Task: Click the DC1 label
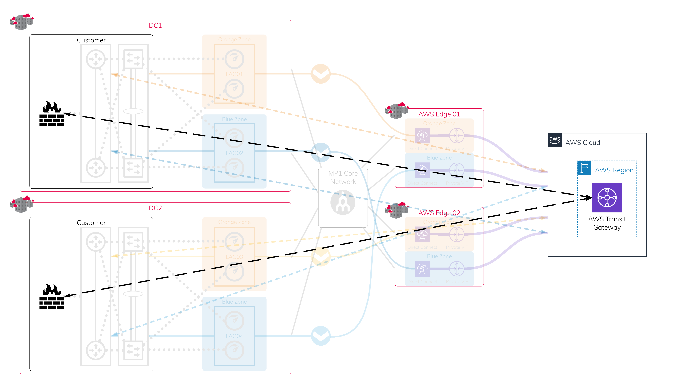155,26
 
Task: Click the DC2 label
155,208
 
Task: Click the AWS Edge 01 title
439,114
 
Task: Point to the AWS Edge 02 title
439,213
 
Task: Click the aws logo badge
554,140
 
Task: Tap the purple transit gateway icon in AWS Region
607,198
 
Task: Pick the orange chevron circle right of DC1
321,74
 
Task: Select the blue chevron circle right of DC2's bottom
321,336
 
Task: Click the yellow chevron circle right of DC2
321,256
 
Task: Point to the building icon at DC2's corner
22,204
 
